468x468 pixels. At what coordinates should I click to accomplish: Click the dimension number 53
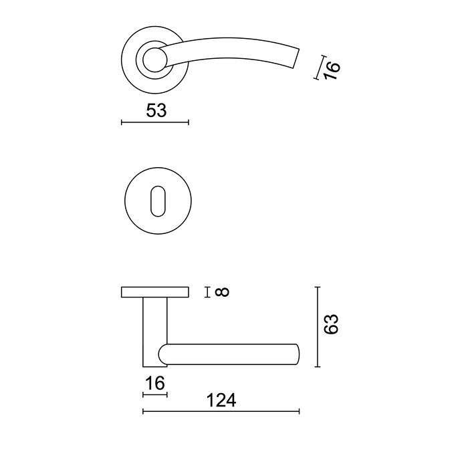pos(156,110)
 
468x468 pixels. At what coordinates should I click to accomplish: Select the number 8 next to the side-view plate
pos(223,291)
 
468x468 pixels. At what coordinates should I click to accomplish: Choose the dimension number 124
pos(222,400)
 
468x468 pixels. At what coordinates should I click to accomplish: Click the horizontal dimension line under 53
pos(155,122)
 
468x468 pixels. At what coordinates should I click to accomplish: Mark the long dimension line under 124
pos(221,411)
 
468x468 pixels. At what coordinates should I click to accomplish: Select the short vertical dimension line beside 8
pos(209,291)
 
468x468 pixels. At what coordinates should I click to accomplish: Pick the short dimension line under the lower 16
pos(155,394)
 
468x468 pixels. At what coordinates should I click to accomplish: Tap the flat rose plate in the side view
pos(155,292)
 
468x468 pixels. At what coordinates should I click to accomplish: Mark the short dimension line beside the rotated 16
pos(317,68)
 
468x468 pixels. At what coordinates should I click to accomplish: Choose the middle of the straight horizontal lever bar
pos(231,355)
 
